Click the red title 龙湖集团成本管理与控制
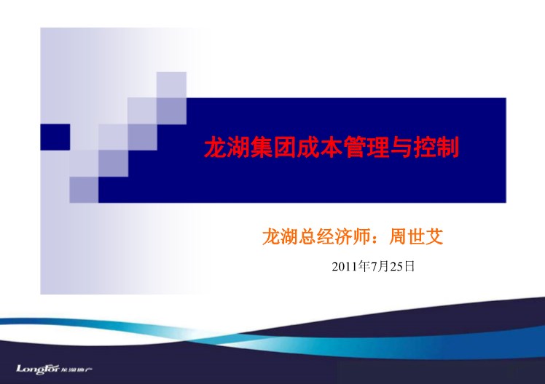[x=332, y=147]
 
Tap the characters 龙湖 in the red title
[x=227, y=147]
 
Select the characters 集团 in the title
[x=273, y=147]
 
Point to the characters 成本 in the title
[x=320, y=147]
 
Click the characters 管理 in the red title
[x=366, y=147]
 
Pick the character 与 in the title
[x=401, y=147]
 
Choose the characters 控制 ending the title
[x=436, y=147]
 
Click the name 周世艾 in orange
[x=416, y=236]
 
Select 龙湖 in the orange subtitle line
[x=280, y=236]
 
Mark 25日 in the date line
[x=402, y=266]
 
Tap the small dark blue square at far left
[x=55, y=137]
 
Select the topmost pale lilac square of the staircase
[x=171, y=85]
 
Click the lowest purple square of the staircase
[x=84, y=190]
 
